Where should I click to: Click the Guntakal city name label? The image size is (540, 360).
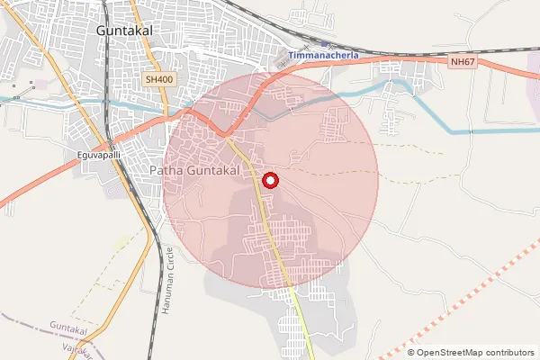(x=124, y=30)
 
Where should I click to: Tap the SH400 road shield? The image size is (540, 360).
(x=158, y=80)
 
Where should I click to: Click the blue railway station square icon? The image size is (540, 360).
(x=325, y=43)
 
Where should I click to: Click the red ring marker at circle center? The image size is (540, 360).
(x=269, y=181)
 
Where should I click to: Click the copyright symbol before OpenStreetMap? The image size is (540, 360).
(x=412, y=352)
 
